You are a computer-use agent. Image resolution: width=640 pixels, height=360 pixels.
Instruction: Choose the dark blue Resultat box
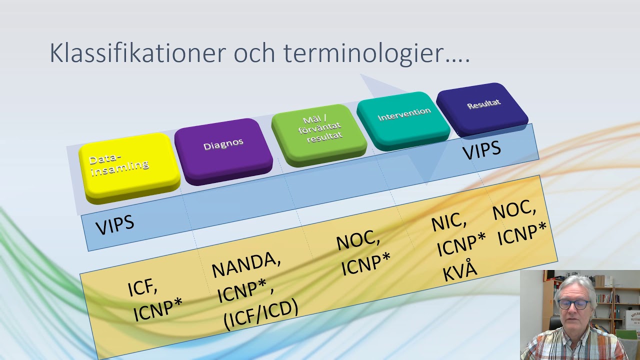pos(482,106)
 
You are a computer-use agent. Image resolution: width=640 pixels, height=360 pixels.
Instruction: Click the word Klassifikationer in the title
pos(137,53)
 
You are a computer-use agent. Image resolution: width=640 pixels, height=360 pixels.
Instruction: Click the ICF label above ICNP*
pos(143,287)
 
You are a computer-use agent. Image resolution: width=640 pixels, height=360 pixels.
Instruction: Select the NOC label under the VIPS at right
pos(514,210)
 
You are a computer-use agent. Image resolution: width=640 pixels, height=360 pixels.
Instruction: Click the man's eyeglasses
pos(573,303)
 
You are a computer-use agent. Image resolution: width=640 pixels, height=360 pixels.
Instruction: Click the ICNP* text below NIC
pos(461,244)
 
